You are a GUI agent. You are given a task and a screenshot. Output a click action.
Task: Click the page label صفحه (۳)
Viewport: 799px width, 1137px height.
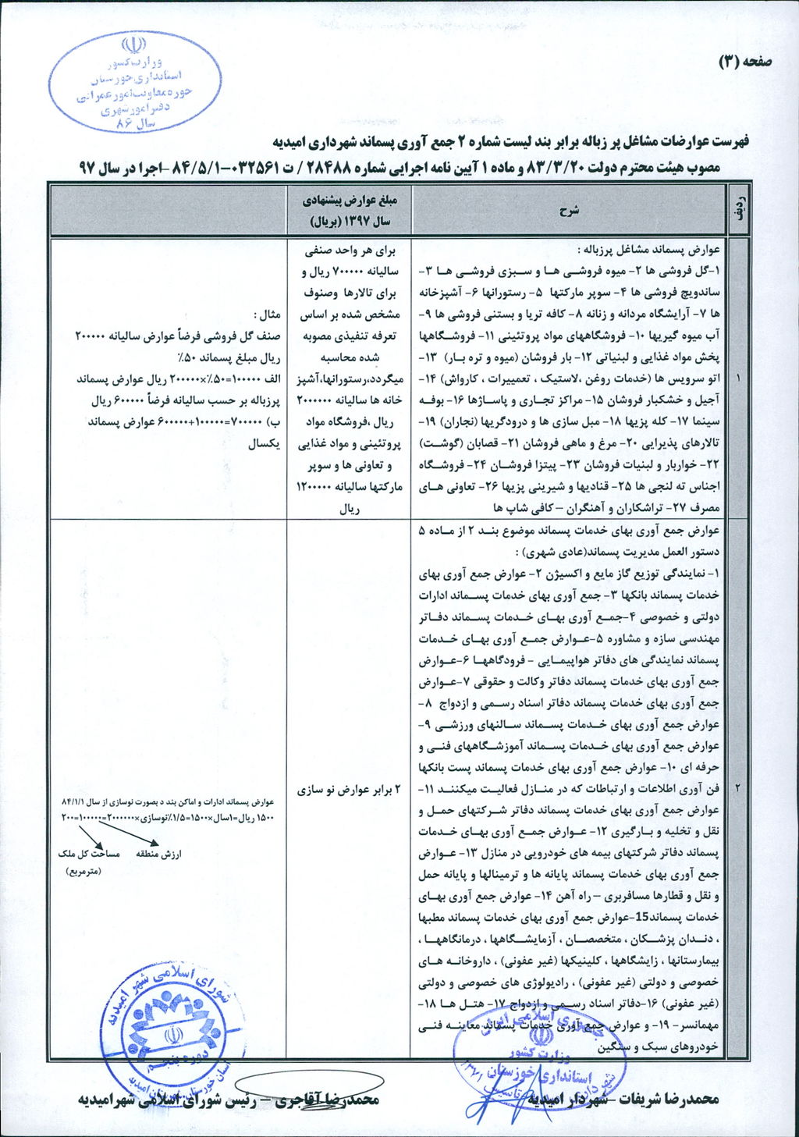[745, 61]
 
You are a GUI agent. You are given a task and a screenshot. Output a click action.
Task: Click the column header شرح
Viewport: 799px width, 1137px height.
[569, 210]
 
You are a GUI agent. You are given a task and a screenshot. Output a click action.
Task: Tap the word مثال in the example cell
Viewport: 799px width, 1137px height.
[268, 314]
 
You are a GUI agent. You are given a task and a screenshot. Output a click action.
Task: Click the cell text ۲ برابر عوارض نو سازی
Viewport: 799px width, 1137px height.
[350, 790]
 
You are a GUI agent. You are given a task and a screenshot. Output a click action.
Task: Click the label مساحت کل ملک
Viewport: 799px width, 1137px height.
[89, 854]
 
